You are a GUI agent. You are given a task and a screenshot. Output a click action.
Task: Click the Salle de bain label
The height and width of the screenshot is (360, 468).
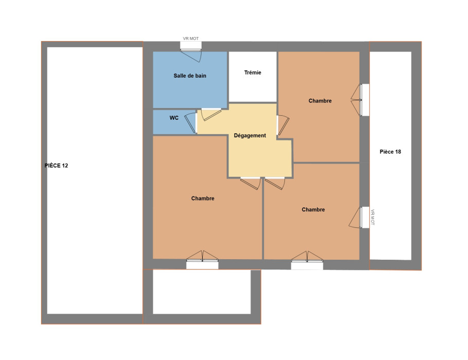190,76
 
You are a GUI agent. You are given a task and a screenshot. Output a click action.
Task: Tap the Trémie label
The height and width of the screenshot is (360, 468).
253,73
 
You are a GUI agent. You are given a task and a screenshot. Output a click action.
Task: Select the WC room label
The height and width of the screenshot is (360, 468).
174,118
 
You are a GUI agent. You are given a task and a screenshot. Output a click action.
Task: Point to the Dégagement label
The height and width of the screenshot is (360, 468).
250,136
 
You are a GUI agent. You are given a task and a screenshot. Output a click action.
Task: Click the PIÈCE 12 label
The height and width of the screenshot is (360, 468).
56,166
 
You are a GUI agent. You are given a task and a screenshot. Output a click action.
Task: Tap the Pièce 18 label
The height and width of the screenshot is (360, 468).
390,152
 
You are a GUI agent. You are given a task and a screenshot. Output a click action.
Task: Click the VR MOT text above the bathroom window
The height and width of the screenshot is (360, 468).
191,39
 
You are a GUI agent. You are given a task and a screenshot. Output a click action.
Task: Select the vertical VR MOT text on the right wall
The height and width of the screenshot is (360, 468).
372,217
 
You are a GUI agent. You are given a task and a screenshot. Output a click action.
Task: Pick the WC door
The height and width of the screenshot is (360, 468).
191,122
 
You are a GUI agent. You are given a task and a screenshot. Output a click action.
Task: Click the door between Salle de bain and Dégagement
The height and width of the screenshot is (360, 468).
211,114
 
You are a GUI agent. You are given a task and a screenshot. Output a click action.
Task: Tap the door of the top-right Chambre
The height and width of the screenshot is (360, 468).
283,125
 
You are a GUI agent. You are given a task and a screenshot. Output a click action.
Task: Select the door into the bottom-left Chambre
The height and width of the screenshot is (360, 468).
250,183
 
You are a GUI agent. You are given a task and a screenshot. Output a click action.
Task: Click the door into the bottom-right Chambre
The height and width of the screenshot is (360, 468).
275,183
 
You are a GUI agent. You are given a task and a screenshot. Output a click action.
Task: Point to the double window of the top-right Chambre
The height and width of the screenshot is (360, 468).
360,100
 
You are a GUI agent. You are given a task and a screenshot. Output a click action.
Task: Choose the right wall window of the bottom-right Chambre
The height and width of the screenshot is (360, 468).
359,218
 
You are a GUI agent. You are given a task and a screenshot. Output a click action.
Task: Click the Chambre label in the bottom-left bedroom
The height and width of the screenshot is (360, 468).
203,199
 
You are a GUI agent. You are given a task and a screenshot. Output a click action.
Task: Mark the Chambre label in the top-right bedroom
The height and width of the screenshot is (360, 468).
320,101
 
